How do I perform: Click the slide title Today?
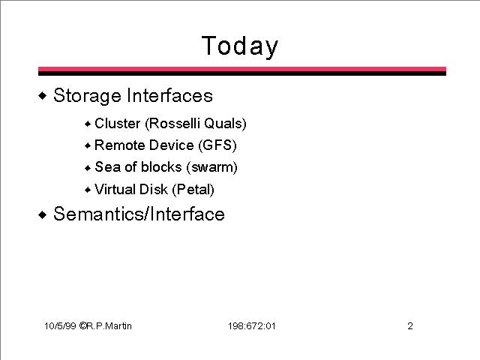click(240, 46)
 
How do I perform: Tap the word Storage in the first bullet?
click(87, 96)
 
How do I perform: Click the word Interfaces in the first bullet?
click(169, 95)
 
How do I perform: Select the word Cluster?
click(117, 123)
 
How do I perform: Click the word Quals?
click(225, 123)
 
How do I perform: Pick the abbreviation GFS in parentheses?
click(217, 145)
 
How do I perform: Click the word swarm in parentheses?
click(212, 167)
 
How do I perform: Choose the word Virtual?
click(115, 189)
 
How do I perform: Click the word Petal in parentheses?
click(193, 190)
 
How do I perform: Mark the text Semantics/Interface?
click(139, 214)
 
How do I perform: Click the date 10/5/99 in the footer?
click(60, 325)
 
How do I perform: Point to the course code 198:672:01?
click(252, 325)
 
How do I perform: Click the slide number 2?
click(410, 325)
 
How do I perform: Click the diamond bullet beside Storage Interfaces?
click(43, 96)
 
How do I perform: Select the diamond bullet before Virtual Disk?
click(88, 190)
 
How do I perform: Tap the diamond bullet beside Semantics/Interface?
click(43, 214)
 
